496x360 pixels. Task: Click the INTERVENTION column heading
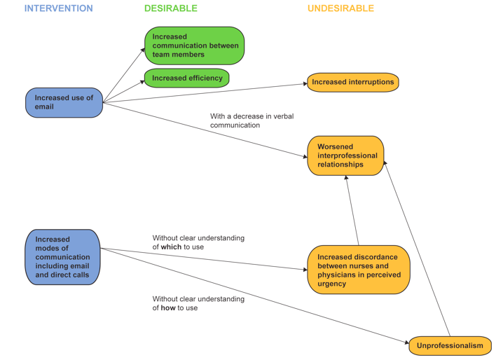pos(58,8)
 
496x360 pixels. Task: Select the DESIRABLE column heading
pos(170,8)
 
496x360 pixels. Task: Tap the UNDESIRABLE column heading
pos(340,8)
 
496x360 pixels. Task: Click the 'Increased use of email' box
pos(64,102)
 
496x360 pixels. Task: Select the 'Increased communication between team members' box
pos(194,46)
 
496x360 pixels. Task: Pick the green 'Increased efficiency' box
pos(186,78)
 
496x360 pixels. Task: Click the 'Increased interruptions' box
pos(352,82)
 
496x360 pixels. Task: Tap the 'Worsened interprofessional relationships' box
pos(345,155)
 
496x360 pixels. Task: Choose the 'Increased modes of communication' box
pos(62,257)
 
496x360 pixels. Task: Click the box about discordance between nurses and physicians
pos(358,270)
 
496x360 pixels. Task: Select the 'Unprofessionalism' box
pos(450,345)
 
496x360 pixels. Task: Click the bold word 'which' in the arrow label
pos(172,247)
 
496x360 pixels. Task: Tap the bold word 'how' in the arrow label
pos(169,308)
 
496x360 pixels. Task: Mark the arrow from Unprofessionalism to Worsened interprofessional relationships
pos(418,249)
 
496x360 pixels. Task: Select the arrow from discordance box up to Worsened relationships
pos(352,210)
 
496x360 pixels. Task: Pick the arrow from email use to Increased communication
pos(124,75)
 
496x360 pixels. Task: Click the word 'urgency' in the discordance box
pos(331,284)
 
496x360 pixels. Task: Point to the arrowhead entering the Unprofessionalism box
pos(406,342)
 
